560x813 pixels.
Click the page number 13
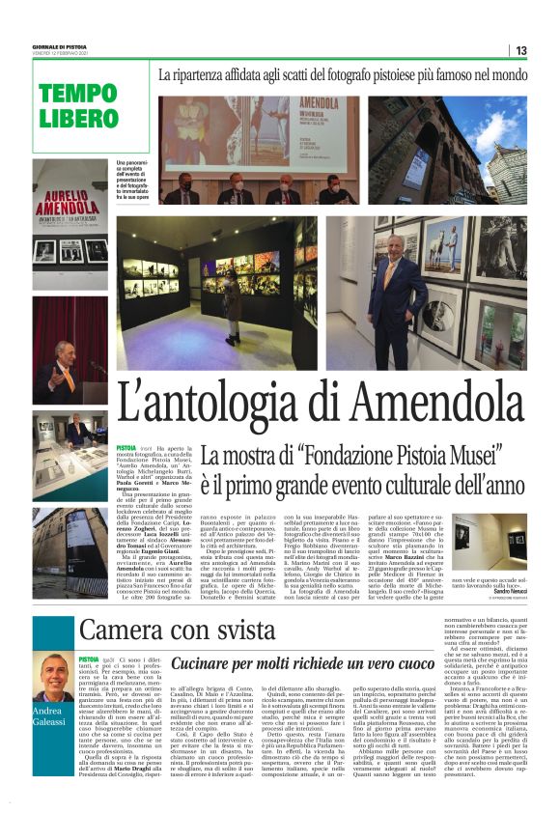click(x=520, y=50)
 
